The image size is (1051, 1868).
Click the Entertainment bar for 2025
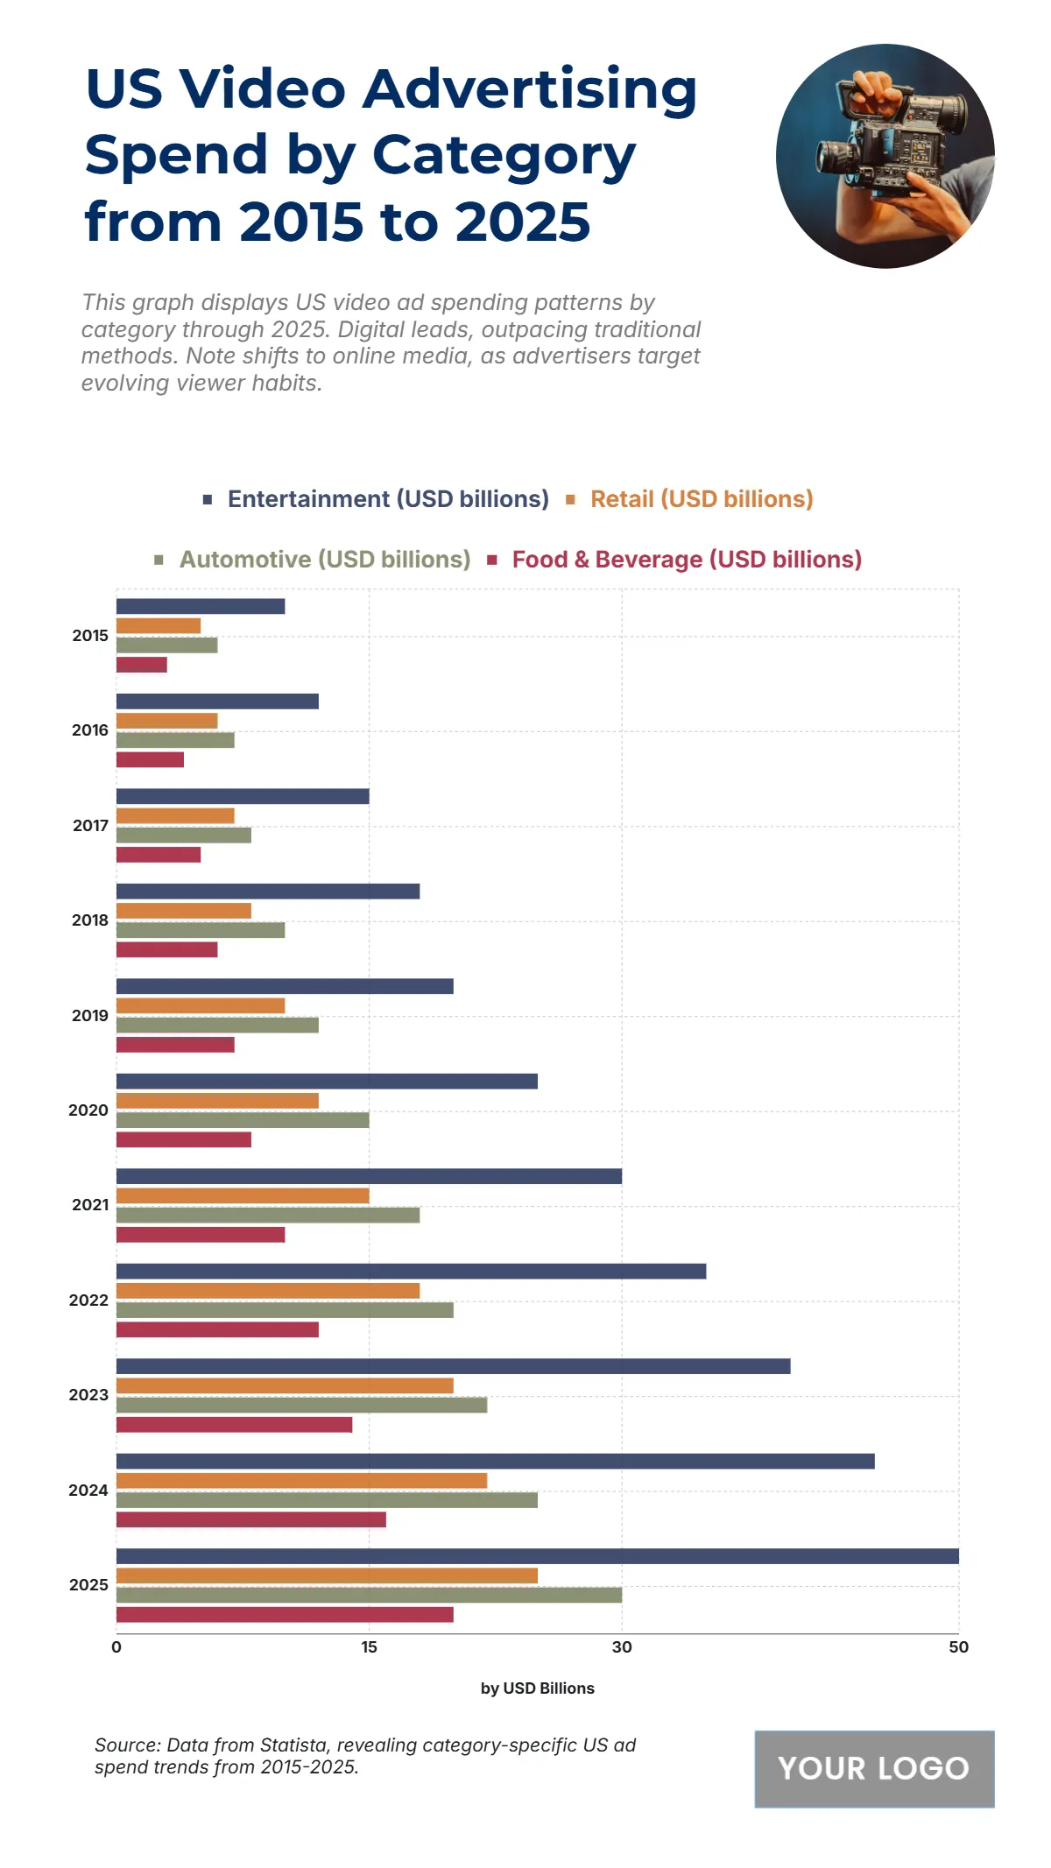pos(537,1556)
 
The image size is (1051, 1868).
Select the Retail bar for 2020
pos(217,1101)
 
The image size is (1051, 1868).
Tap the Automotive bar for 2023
pos(301,1405)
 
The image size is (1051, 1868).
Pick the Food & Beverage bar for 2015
pos(141,665)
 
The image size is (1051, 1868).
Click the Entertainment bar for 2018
pos(268,892)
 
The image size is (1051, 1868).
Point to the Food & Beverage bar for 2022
pos(217,1329)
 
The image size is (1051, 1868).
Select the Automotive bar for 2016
pos(175,740)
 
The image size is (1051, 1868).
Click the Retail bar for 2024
pos(301,1481)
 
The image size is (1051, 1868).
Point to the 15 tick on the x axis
pos(369,1647)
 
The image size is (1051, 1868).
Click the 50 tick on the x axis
pos(958,1647)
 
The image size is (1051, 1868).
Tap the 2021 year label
pos(89,1205)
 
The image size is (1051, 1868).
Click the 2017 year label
pos(89,826)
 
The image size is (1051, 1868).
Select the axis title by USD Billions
pos(537,1688)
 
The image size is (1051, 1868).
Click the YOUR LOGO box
pos(874,1769)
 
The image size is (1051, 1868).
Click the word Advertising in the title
pos(530,89)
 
